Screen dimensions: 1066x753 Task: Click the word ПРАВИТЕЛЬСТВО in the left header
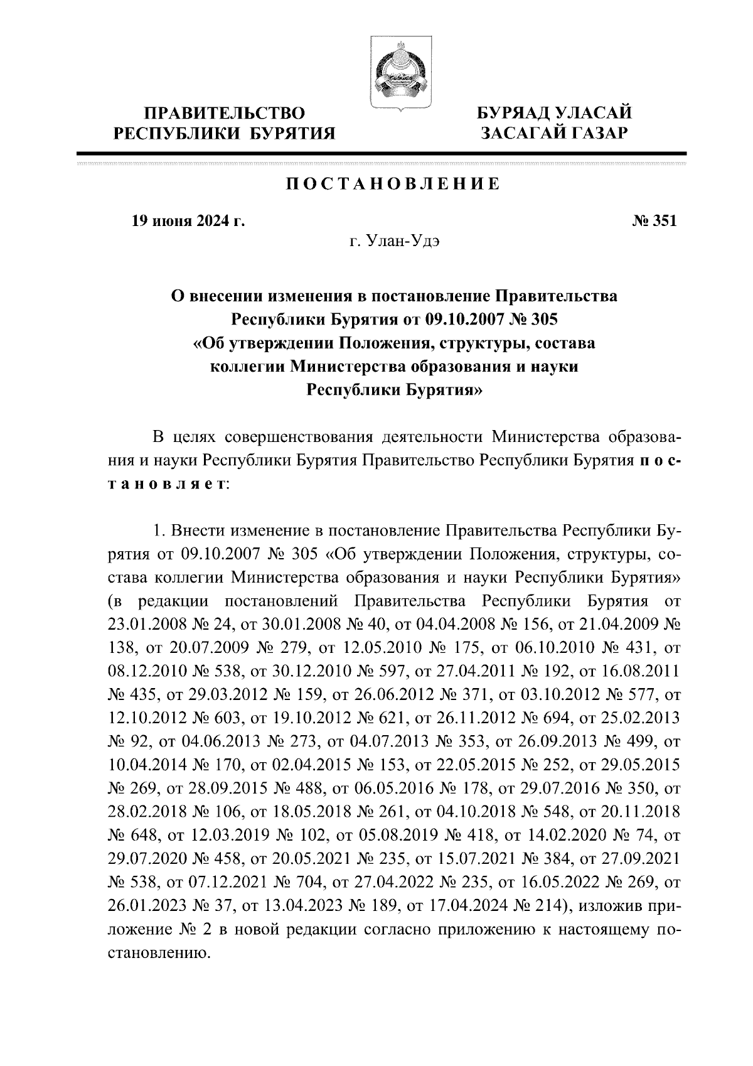click(x=225, y=114)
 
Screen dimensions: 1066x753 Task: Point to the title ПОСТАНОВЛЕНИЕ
click(x=393, y=184)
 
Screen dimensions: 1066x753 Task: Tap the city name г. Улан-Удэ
click(x=394, y=243)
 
